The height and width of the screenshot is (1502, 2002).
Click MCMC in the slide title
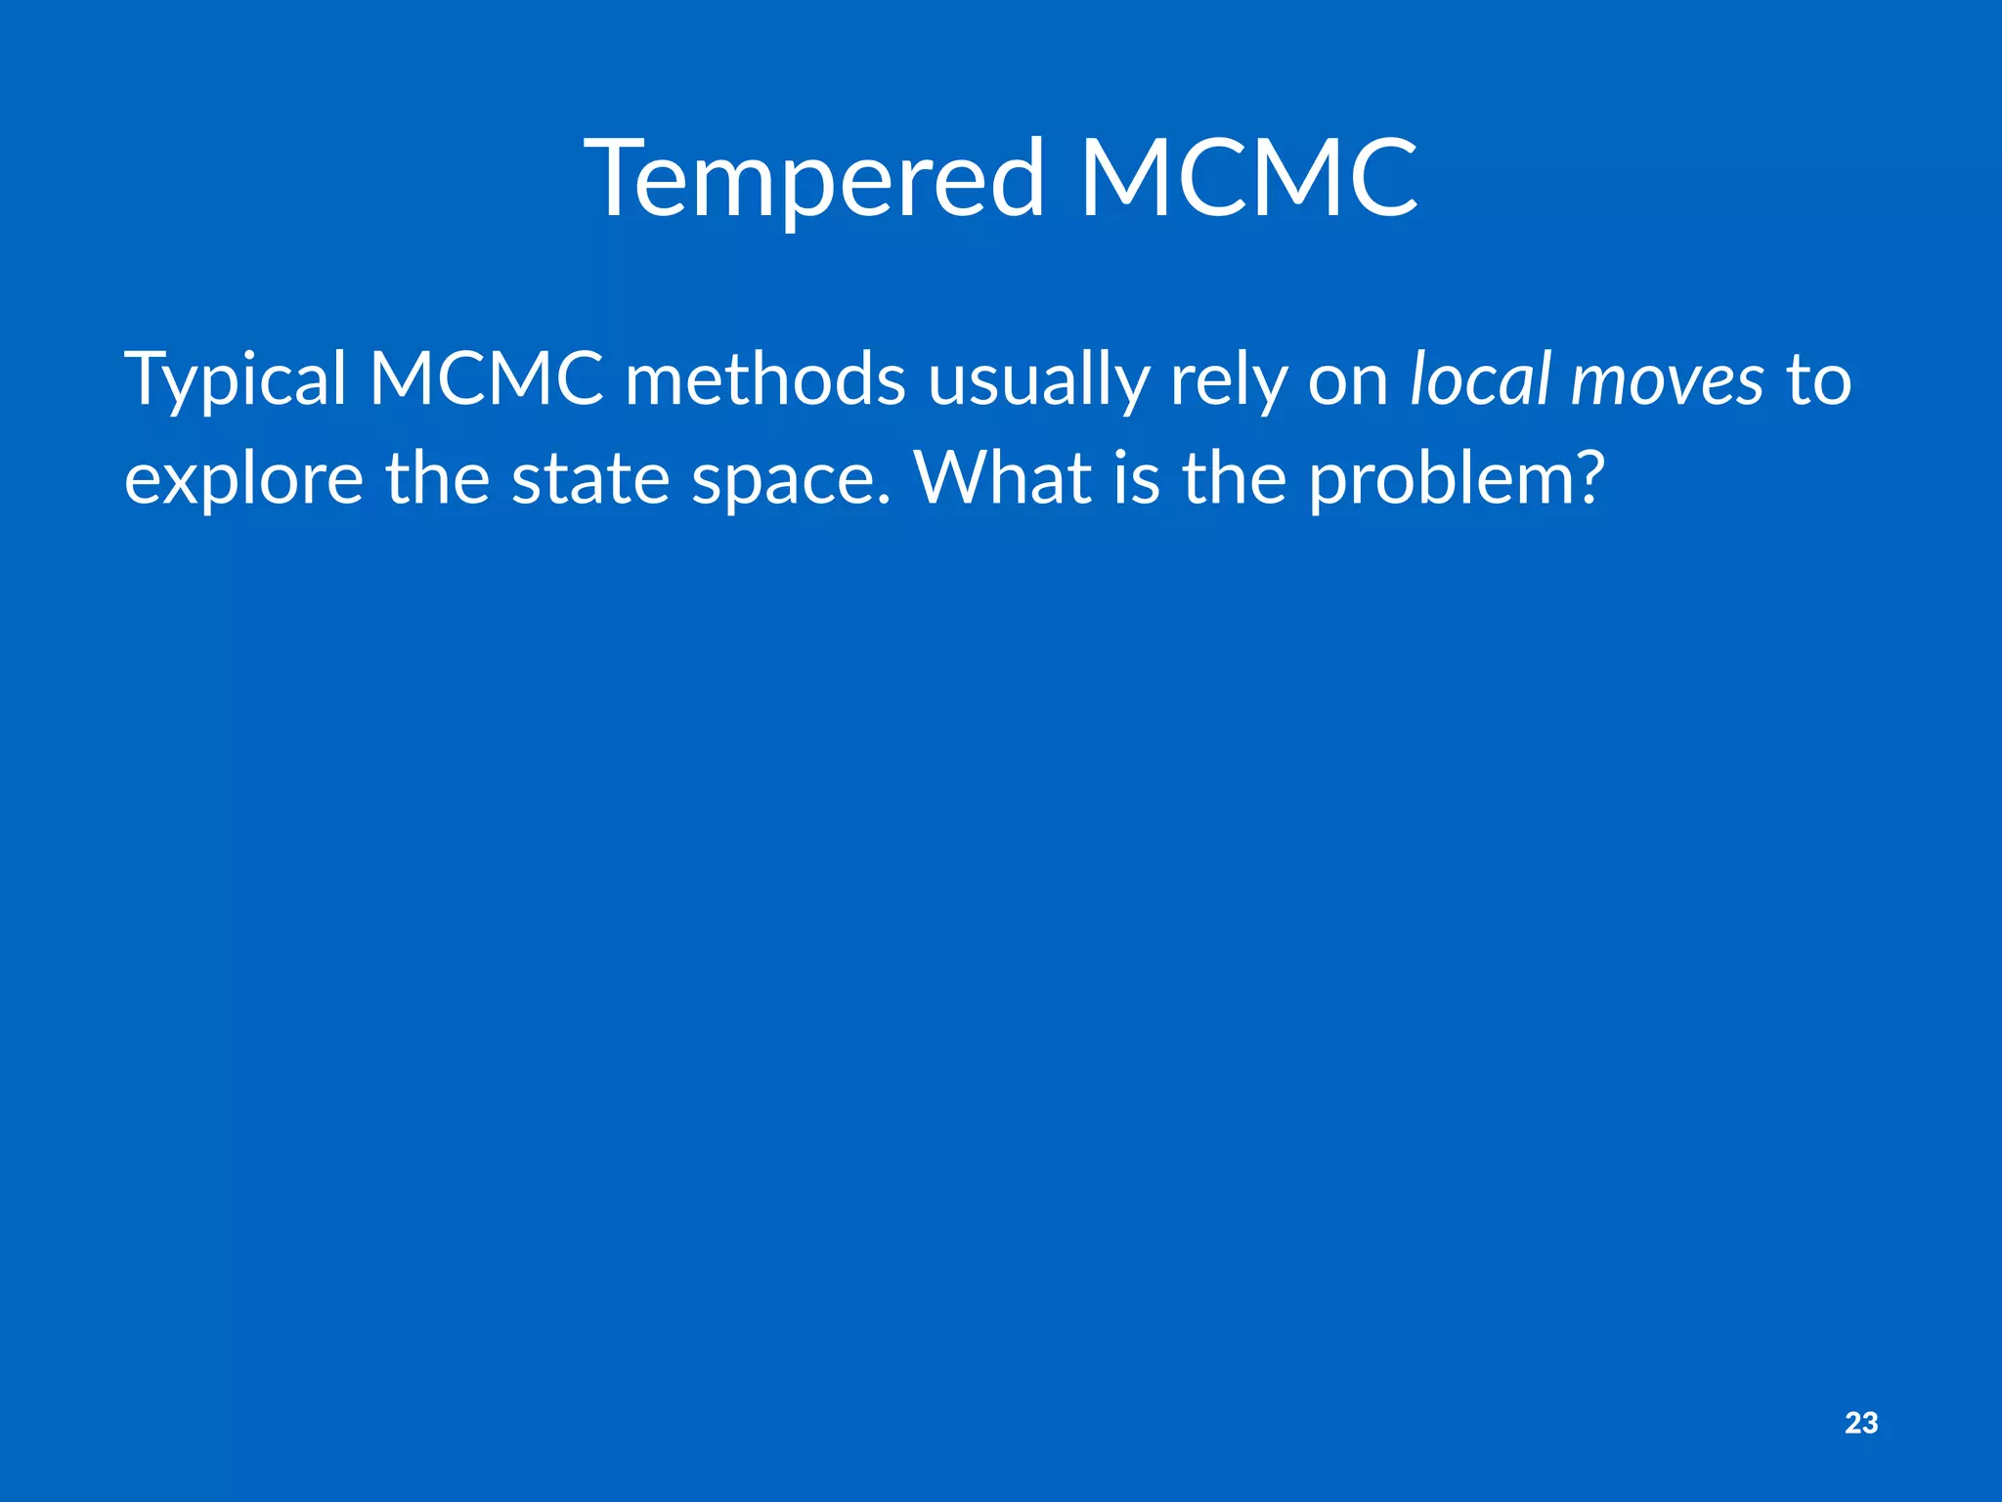point(1248,179)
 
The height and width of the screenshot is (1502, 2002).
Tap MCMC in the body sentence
point(486,379)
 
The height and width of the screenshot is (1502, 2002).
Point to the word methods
point(765,379)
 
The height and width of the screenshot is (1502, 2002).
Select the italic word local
point(1480,379)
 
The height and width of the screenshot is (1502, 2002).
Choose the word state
point(590,478)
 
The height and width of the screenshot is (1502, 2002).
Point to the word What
point(1002,478)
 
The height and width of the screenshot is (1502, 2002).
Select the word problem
point(1437,480)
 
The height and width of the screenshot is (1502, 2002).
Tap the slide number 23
point(1861,1423)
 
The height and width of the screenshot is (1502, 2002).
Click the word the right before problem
point(1235,478)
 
